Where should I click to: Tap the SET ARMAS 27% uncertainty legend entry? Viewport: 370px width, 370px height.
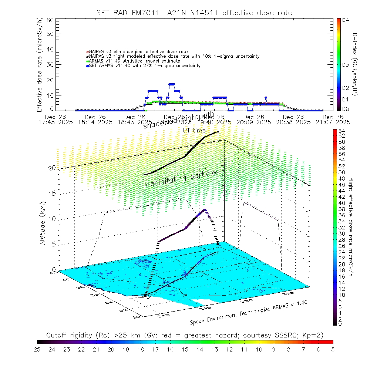click(x=145, y=66)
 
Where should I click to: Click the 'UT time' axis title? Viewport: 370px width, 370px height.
click(x=194, y=130)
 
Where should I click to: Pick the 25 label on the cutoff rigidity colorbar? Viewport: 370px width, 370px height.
click(x=37, y=349)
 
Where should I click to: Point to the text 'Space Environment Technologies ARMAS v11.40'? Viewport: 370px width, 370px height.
click(x=249, y=312)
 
